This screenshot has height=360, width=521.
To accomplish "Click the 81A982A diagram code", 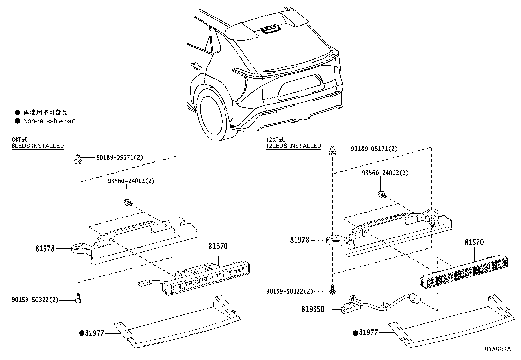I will tap(497, 349).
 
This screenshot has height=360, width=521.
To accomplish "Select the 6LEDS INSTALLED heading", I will tap(38, 146).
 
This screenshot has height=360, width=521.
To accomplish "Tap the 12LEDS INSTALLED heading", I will tap(294, 146).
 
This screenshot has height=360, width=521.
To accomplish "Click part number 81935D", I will tap(313, 309).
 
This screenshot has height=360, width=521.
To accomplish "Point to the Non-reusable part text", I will tap(49, 121).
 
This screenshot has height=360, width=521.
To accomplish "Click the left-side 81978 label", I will tap(45, 249).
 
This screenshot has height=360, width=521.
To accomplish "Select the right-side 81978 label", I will tap(299, 240).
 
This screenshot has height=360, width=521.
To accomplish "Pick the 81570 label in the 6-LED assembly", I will tap(218, 246).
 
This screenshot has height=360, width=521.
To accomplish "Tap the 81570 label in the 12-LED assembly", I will tap(474, 242).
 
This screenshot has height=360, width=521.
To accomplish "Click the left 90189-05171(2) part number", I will tap(120, 157).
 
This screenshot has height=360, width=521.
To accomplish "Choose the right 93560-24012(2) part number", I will tap(385, 173).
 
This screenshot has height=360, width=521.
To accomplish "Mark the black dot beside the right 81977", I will tap(355, 333).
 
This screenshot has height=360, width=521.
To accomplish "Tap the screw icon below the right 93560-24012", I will tap(382, 195).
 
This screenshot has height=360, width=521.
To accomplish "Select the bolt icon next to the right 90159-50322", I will tap(332, 289).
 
